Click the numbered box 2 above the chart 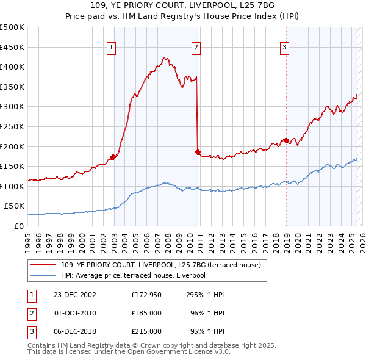196,47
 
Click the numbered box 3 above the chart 285,47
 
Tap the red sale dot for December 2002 113,157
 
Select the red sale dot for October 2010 198,152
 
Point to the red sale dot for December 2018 286,140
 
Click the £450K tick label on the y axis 12,47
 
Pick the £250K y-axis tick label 12,126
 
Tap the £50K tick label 15,206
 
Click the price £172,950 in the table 146,295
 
